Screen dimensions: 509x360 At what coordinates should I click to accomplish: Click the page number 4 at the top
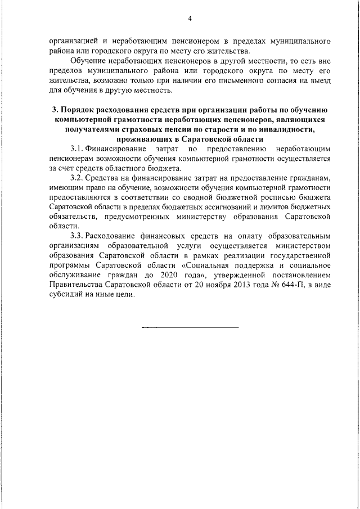coord(190,19)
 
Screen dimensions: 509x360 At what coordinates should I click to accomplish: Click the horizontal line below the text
coord(190,328)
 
